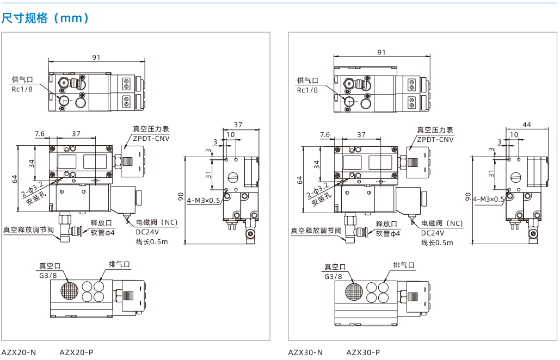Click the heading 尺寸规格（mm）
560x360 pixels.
[45, 17]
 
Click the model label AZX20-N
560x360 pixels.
[19, 352]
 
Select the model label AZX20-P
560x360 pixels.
[76, 352]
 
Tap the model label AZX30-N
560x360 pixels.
[305, 352]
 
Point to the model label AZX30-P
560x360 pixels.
[363, 352]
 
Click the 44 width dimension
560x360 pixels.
[527, 125]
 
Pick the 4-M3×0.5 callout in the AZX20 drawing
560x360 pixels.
[204, 200]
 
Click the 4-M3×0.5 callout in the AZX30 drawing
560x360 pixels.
[489, 199]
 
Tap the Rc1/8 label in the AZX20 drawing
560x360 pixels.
[22, 89]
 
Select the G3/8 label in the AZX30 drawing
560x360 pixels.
[333, 276]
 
